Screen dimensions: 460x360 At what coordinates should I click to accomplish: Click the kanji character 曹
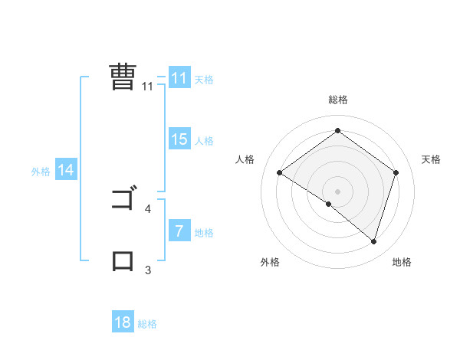click(x=122, y=77)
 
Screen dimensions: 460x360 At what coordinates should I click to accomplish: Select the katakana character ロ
click(x=123, y=260)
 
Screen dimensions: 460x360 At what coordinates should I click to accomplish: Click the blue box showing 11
click(x=179, y=78)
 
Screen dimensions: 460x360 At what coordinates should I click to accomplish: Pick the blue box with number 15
click(x=179, y=139)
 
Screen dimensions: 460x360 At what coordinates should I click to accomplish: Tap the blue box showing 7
click(x=179, y=231)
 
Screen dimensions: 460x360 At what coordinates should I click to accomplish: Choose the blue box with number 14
click(x=66, y=171)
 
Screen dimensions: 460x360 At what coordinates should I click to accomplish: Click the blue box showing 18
click(x=123, y=322)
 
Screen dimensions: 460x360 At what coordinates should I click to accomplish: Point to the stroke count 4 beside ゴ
click(x=148, y=208)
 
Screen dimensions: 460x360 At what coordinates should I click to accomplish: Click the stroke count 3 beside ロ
click(x=148, y=270)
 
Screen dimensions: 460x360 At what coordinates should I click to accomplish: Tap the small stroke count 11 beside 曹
click(x=148, y=87)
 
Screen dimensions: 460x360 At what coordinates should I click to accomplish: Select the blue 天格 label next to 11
click(x=204, y=80)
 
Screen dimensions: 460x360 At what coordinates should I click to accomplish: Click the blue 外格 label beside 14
click(x=41, y=172)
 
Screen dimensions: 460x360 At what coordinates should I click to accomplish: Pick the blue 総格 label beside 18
click(x=147, y=324)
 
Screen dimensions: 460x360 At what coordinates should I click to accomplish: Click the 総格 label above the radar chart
click(x=338, y=100)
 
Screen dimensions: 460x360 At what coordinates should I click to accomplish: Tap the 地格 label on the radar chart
click(x=402, y=263)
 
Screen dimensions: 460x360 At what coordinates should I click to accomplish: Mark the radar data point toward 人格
click(x=280, y=173)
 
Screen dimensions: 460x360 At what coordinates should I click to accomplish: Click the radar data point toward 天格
click(x=396, y=173)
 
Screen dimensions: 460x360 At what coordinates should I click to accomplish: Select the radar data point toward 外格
click(x=329, y=204)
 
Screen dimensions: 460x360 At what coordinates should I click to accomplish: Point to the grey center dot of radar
click(x=338, y=191)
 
